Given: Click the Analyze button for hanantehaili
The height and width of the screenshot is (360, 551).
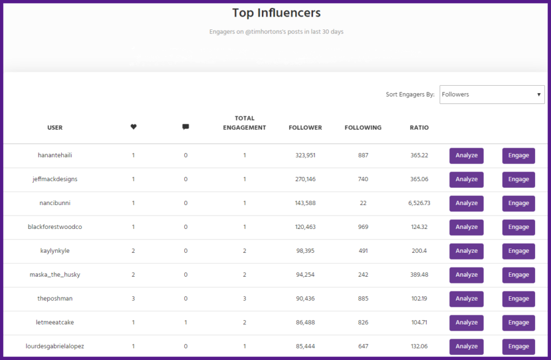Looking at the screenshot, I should pyautogui.click(x=466, y=156).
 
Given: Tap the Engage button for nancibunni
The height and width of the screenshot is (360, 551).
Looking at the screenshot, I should pyautogui.click(x=519, y=203).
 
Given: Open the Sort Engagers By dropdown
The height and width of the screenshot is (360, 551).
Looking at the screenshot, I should pyautogui.click(x=492, y=94).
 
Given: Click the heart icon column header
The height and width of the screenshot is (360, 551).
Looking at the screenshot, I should pyautogui.click(x=133, y=127).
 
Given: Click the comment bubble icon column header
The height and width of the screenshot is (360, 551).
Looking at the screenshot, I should pyautogui.click(x=186, y=127).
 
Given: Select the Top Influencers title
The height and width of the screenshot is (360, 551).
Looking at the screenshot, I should pyautogui.click(x=276, y=13).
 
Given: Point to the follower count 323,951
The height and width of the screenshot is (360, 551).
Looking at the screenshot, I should pyautogui.click(x=305, y=156).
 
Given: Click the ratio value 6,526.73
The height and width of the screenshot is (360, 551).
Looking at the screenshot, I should pyautogui.click(x=419, y=203).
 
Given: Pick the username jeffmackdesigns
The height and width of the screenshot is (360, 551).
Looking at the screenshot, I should pyautogui.click(x=55, y=179).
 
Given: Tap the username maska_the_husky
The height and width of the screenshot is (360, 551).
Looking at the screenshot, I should pyautogui.click(x=55, y=275).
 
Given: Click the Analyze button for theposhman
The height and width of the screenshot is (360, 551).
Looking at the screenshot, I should pyautogui.click(x=466, y=299).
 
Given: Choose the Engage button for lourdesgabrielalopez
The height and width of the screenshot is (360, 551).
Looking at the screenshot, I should pyautogui.click(x=519, y=347).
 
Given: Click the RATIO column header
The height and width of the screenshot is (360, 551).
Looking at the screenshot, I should pyautogui.click(x=419, y=127).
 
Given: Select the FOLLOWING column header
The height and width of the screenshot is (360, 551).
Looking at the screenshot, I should pyautogui.click(x=363, y=127).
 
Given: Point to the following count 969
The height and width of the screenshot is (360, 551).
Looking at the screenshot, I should pyautogui.click(x=363, y=227).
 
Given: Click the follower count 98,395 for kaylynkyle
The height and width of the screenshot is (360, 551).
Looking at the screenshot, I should pyautogui.click(x=305, y=251).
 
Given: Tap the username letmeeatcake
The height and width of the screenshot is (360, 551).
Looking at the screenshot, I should pyautogui.click(x=55, y=323).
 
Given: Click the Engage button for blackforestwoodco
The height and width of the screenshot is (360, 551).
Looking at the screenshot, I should pyautogui.click(x=519, y=227).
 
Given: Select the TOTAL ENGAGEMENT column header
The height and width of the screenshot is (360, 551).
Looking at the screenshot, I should pyautogui.click(x=244, y=123).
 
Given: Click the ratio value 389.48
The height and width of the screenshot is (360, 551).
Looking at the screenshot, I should pyautogui.click(x=419, y=275).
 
